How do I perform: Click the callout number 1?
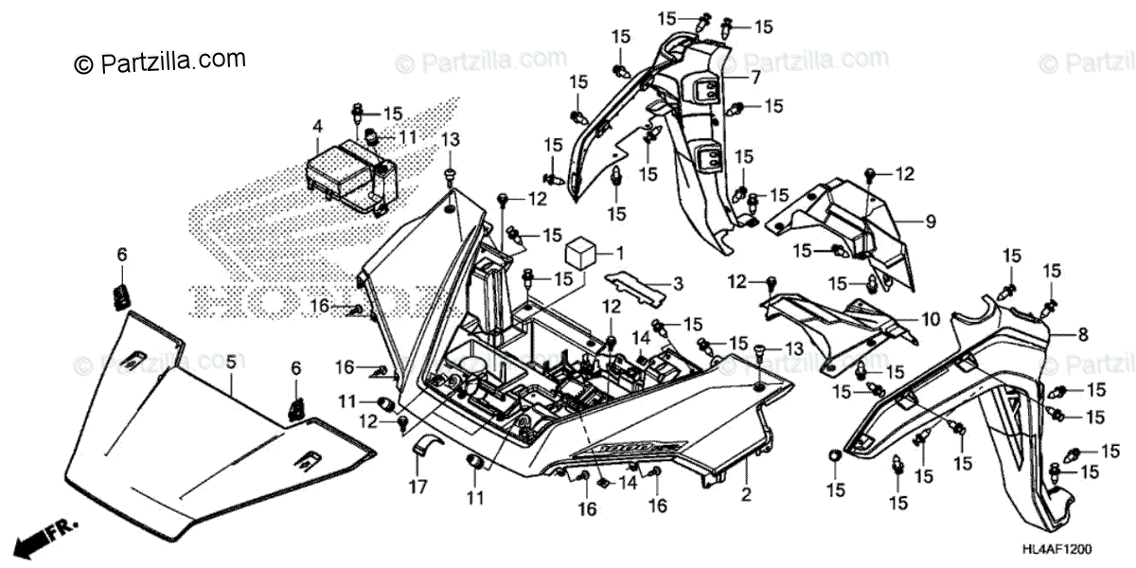point(621,253)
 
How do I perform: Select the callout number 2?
point(746,494)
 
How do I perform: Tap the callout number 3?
point(678,284)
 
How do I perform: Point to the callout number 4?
point(318,126)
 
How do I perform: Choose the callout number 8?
point(1083,334)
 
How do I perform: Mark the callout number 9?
point(931,222)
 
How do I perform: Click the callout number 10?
point(932,320)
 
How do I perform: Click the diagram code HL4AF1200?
point(1083,550)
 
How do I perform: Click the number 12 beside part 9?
point(905,173)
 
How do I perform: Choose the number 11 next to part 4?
point(407,137)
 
